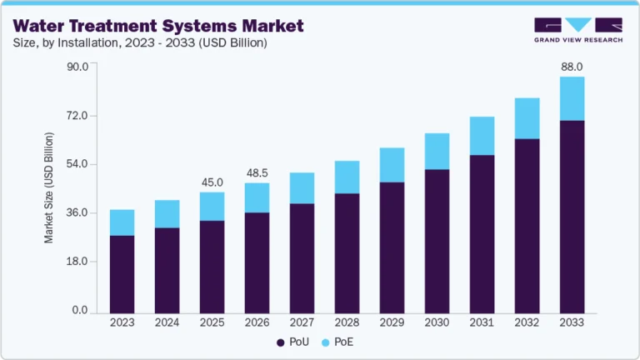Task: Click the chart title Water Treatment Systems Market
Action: (157, 25)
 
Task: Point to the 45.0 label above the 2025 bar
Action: (212, 182)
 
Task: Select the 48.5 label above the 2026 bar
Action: (257, 172)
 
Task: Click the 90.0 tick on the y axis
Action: (77, 67)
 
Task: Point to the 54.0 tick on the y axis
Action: (77, 164)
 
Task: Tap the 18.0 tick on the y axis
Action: (77, 262)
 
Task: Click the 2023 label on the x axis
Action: (122, 322)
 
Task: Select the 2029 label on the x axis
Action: (392, 322)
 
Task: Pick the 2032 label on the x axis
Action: (527, 322)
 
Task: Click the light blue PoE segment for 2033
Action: (572, 98)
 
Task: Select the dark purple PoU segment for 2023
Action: (122, 272)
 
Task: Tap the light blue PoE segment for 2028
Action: (347, 177)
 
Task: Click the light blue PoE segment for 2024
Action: (167, 213)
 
